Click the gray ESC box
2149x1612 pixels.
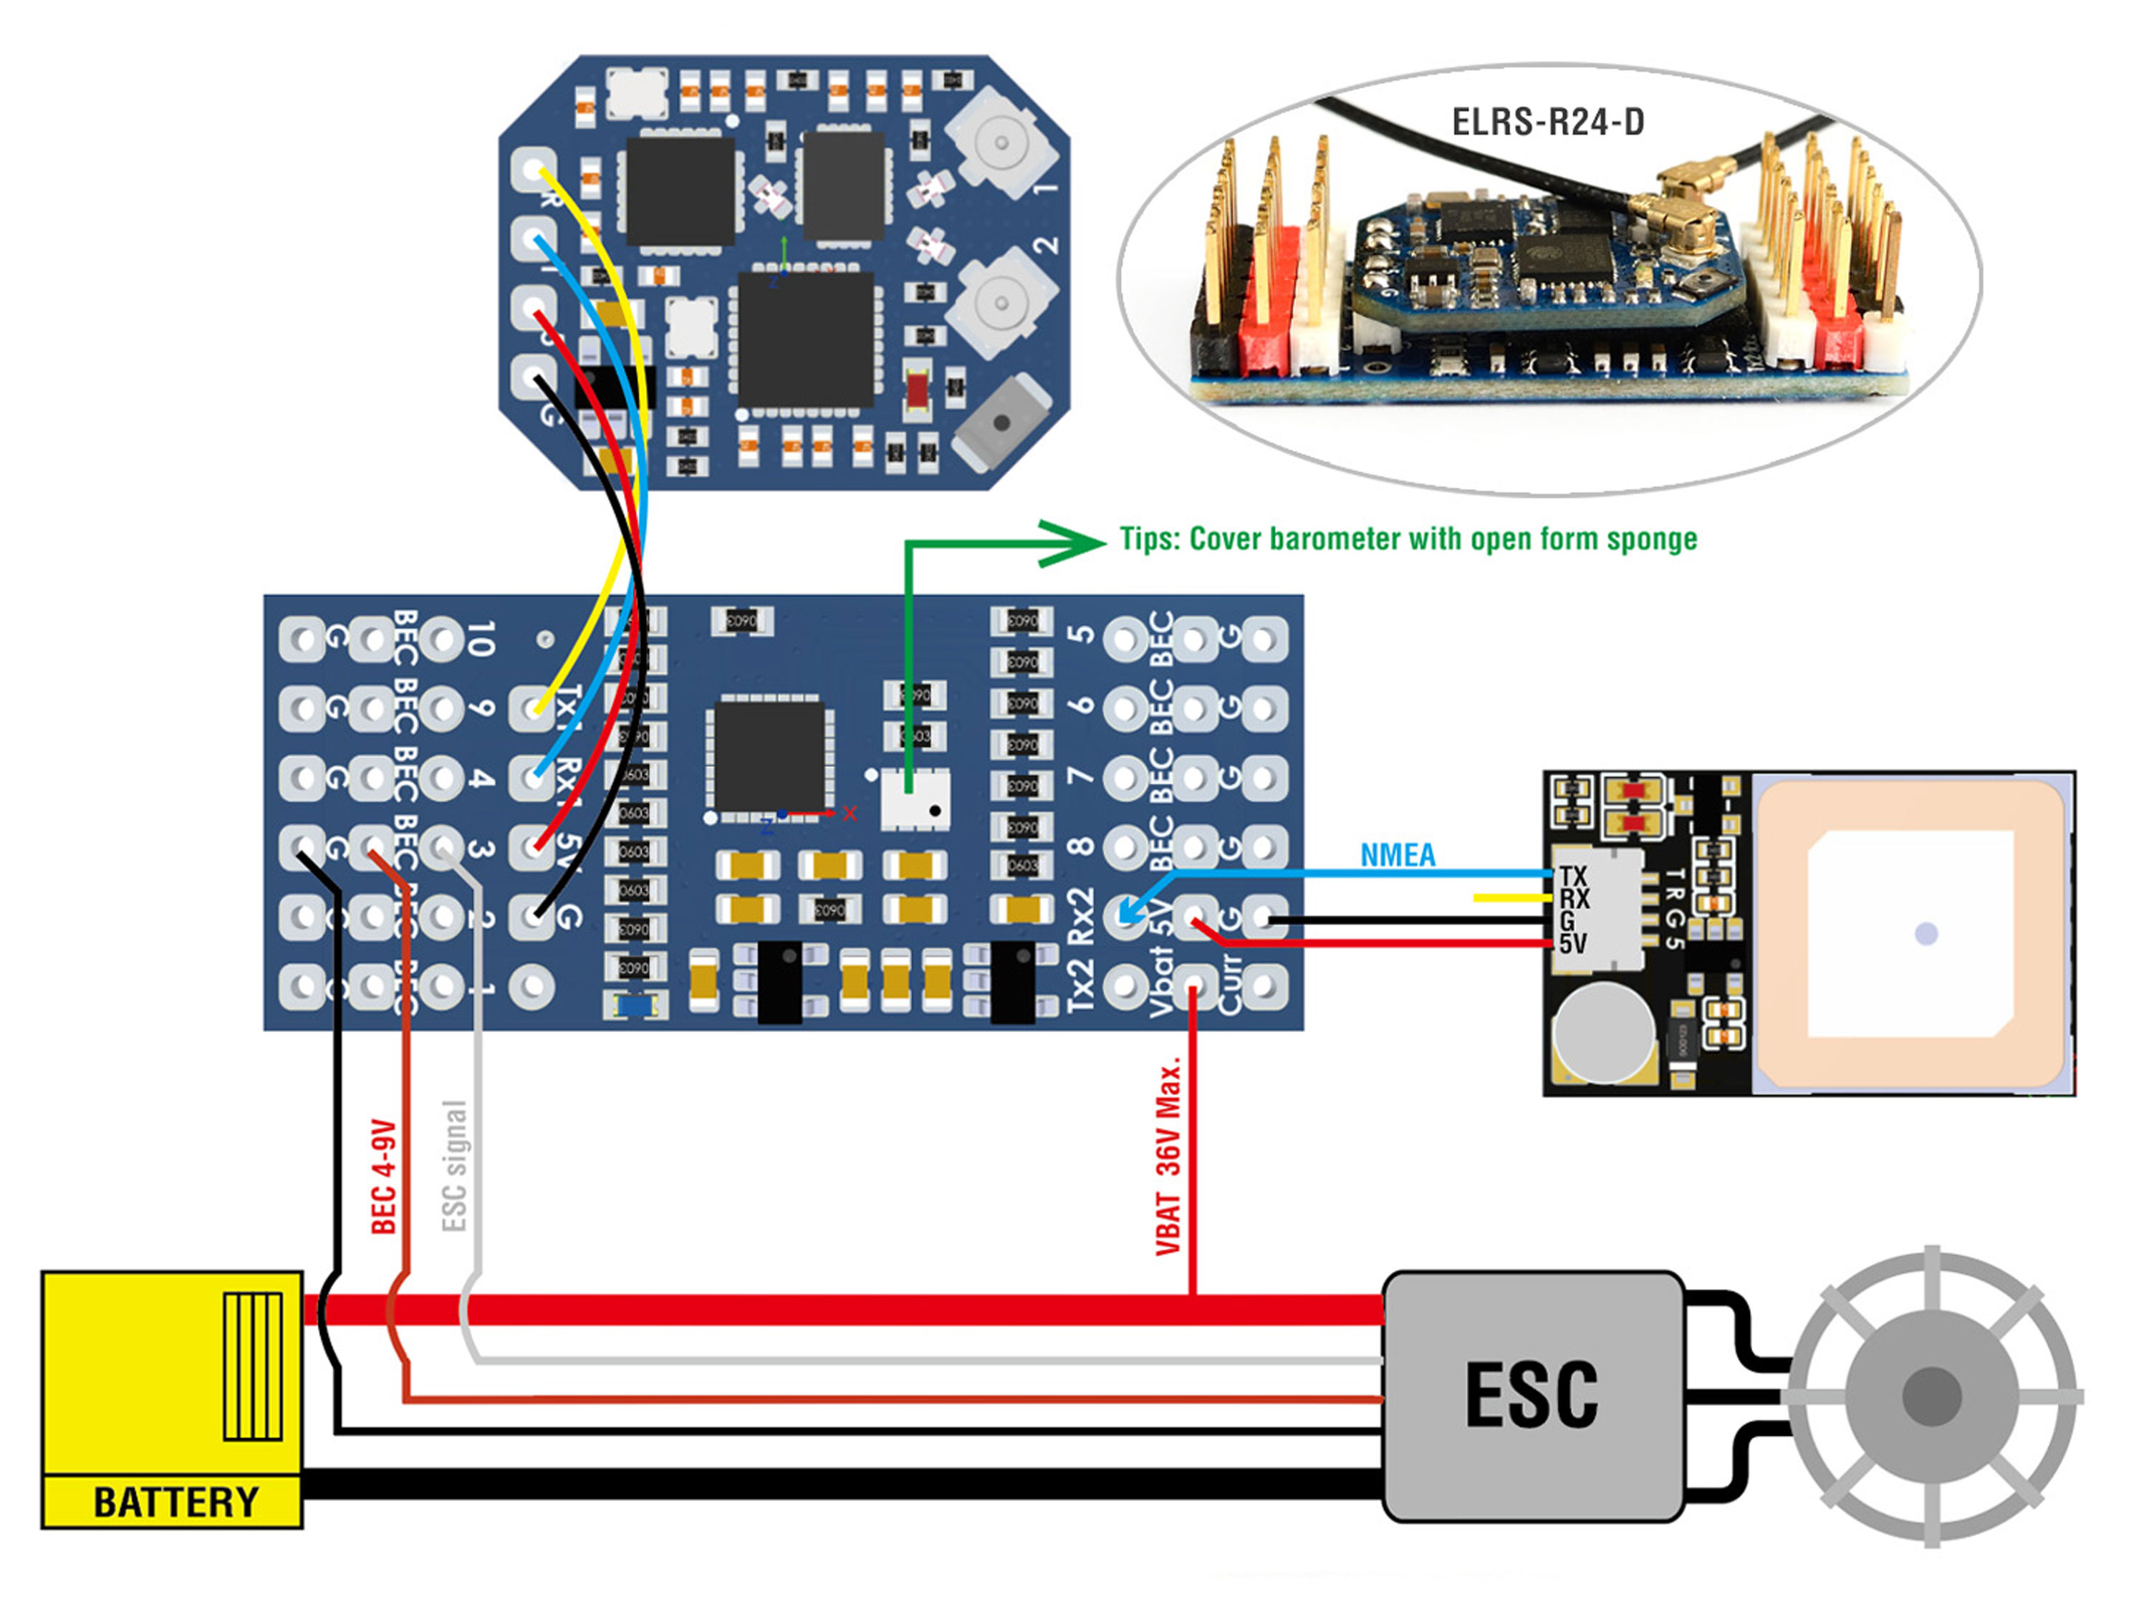click(1532, 1396)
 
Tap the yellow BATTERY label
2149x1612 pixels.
click(175, 1501)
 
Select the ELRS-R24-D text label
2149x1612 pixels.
click(1547, 122)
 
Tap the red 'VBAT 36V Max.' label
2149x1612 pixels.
click(1169, 1156)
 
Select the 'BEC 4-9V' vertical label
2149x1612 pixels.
click(385, 1176)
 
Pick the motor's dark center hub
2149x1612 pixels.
click(1931, 1396)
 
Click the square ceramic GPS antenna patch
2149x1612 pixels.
click(1910, 934)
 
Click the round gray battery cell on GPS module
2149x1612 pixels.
click(1603, 1031)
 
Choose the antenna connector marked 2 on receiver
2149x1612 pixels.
click(1001, 301)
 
